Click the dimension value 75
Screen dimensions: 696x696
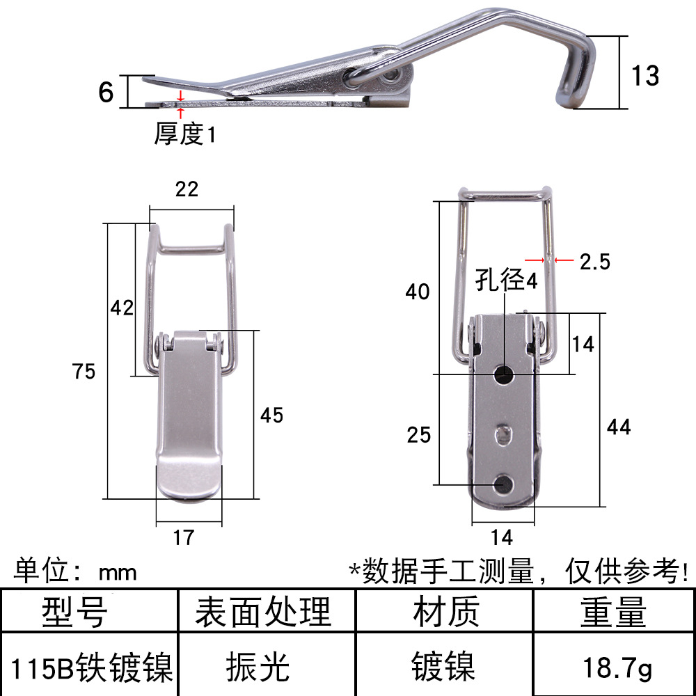[84, 371]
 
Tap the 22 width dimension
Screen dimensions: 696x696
[187, 189]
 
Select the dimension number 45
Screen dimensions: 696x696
[271, 415]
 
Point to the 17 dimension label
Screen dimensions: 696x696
[183, 537]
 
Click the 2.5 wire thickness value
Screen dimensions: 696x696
[595, 262]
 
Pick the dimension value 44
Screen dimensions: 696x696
[619, 427]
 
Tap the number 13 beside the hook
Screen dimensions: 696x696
[645, 75]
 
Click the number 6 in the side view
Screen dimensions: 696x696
[106, 93]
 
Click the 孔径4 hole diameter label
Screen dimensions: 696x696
[507, 280]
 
